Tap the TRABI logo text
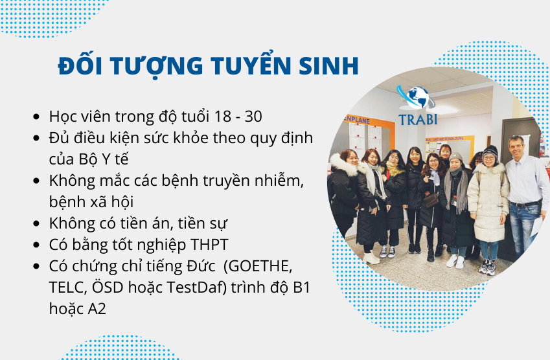[418, 120]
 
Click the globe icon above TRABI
[417, 98]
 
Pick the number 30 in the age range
[253, 117]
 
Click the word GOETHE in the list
[260, 266]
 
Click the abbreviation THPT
[209, 245]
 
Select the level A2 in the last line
[97, 309]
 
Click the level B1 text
[302, 287]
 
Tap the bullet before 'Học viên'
[36, 117]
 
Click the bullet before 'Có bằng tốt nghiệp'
[36, 245]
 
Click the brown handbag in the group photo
[431, 201]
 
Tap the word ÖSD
[108, 287]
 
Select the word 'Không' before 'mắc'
[72, 181]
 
